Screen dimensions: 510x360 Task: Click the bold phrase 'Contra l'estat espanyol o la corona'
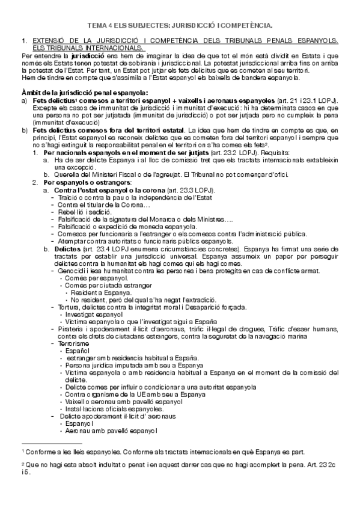coord(105,190)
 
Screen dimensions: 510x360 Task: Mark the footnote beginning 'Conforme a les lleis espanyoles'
coord(162,450)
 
